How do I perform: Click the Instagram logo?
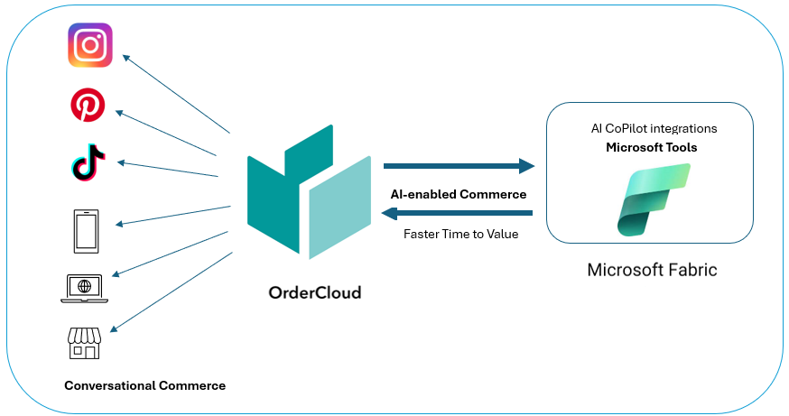tap(90, 45)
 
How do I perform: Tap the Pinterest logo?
tap(88, 106)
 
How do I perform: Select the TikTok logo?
tap(88, 166)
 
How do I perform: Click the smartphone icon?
tap(88, 231)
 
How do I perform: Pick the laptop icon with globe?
tap(84, 288)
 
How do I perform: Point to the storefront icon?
tap(84, 342)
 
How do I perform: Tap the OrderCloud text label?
tap(315, 292)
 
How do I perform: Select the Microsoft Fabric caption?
tap(652, 270)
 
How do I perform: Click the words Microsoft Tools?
tap(651, 147)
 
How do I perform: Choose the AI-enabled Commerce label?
tap(458, 193)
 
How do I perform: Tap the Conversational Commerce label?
tap(144, 385)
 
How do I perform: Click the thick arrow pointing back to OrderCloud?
tap(458, 213)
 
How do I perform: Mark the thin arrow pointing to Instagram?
tap(176, 95)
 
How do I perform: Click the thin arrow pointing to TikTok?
tap(168, 169)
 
